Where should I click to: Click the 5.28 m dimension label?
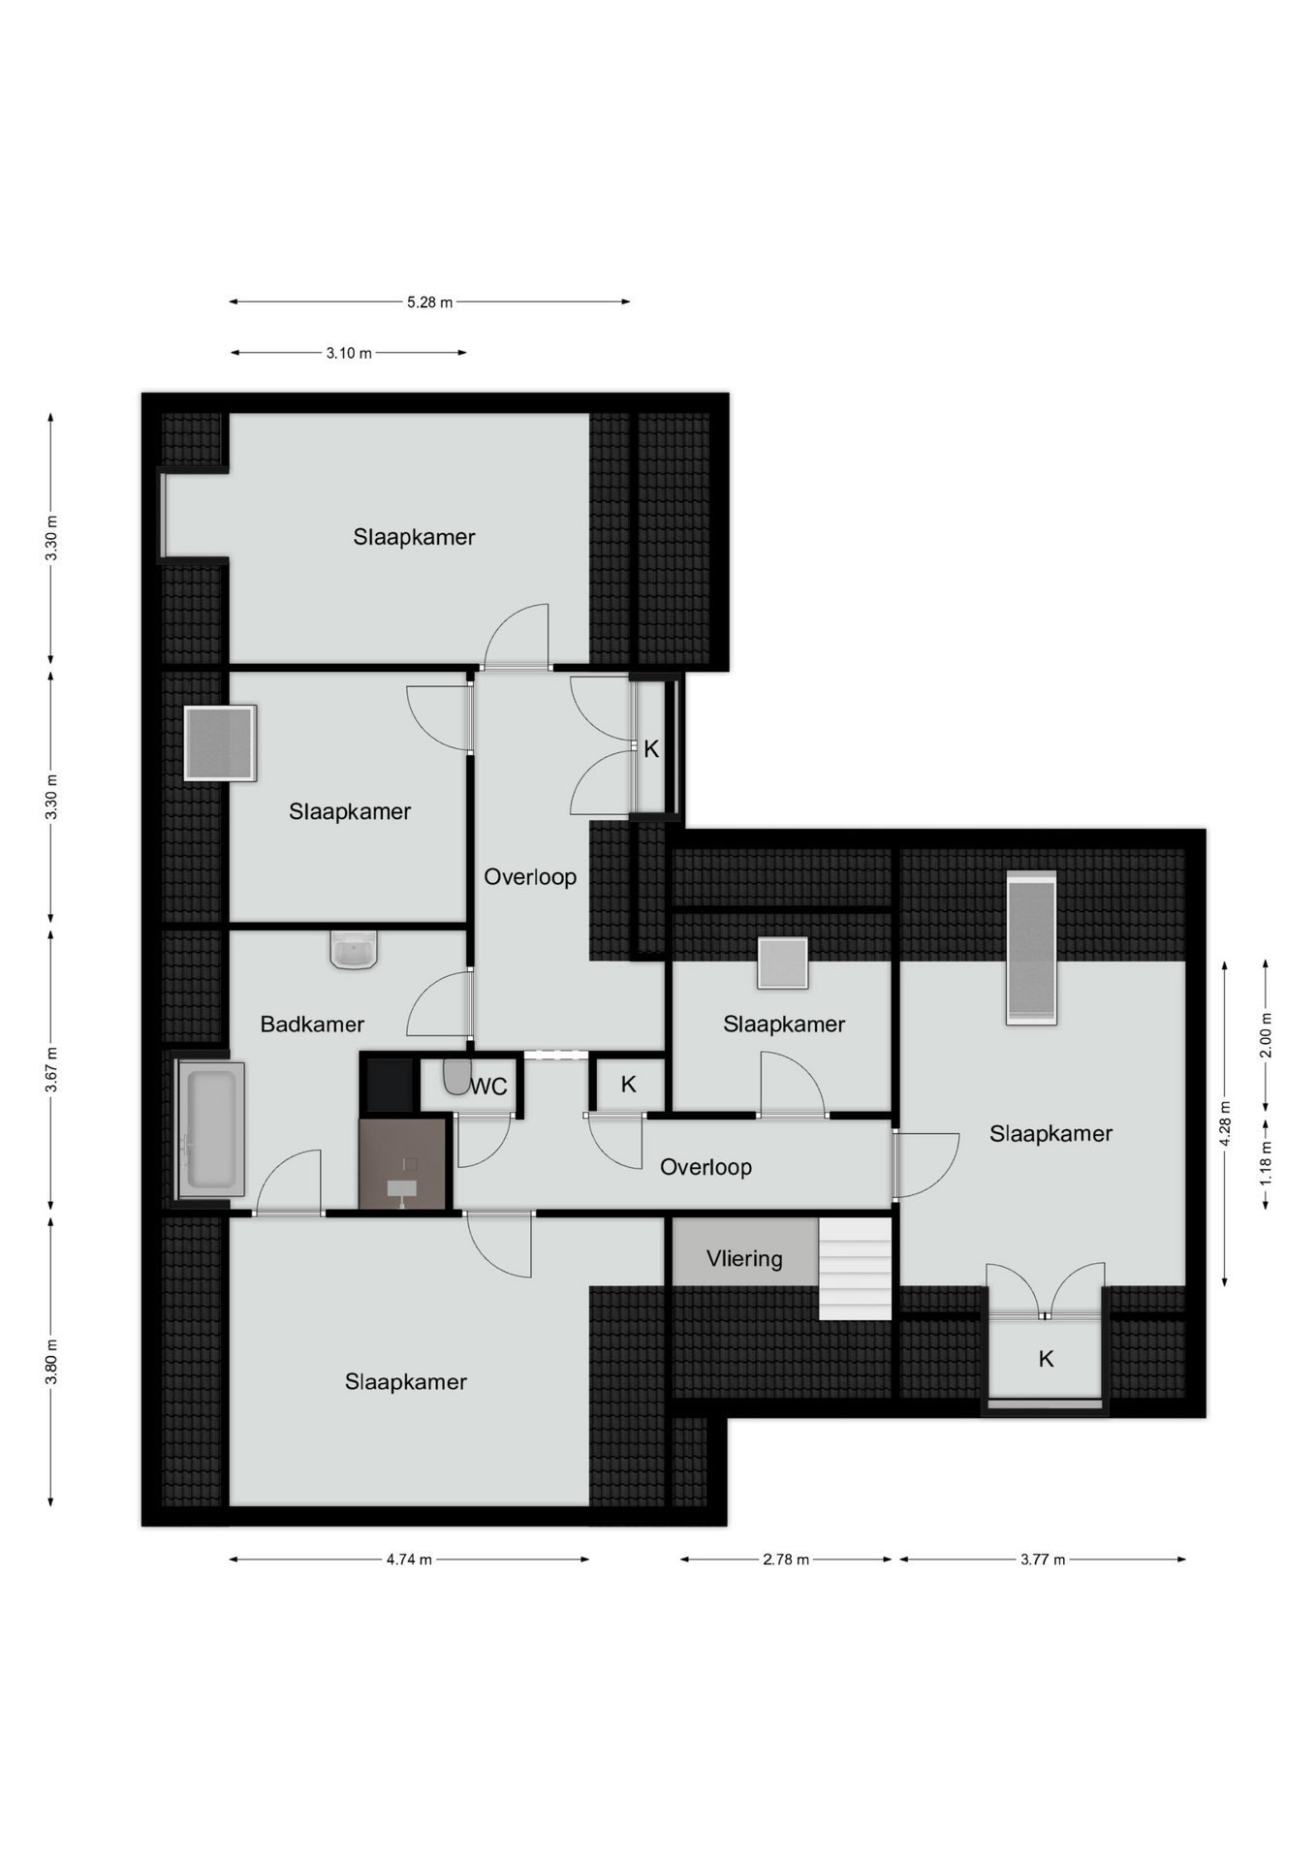(429, 302)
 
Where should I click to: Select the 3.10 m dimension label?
(349, 354)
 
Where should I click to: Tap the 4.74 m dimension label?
(409, 1560)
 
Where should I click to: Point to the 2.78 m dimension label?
(786, 1560)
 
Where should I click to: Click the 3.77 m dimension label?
(1043, 1560)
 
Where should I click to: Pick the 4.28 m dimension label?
(1225, 1123)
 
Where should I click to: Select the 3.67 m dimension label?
(51, 1070)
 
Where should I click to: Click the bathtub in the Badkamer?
(209, 1129)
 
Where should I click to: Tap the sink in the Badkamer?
(354, 951)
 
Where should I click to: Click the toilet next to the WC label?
(455, 1077)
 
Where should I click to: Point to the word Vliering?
(744, 1259)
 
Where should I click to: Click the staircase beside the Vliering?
(855, 1269)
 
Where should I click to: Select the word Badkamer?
(312, 1025)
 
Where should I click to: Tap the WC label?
(489, 1088)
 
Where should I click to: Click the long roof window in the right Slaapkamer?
(1031, 947)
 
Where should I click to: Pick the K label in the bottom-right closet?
(1046, 1360)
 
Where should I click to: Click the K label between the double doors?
(651, 749)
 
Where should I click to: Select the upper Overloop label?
(530, 877)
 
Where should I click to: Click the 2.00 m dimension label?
(1266, 1035)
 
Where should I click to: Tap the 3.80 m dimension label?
(51, 1362)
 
